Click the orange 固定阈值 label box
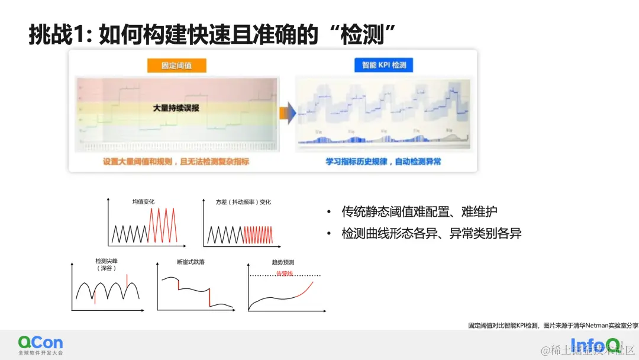(176, 65)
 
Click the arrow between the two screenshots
(288, 112)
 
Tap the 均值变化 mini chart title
(143, 201)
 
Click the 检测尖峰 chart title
(106, 261)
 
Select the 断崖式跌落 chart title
(191, 261)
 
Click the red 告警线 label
(285, 274)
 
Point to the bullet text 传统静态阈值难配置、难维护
(419, 211)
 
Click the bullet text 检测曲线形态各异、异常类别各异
(431, 233)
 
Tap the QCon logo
(40, 344)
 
